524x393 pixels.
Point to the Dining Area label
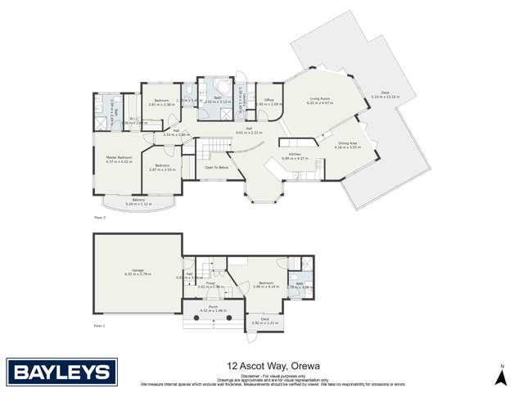[348, 142]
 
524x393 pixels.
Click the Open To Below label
[217, 167]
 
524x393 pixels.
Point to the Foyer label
[210, 282]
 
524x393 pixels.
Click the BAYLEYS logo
[58, 373]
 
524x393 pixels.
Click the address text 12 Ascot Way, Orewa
[261, 368]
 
